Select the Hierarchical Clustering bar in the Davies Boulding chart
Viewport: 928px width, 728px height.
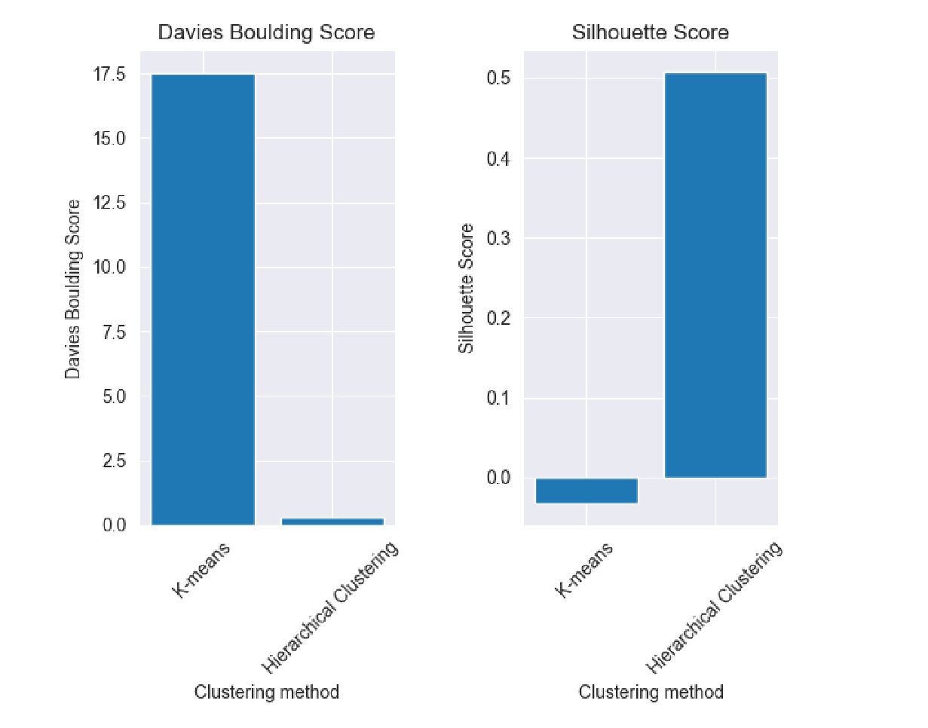pos(332,521)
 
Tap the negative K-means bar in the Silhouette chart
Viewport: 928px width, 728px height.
pos(587,491)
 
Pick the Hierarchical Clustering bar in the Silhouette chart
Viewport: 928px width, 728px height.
pos(715,275)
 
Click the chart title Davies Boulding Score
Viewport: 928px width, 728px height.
pos(266,33)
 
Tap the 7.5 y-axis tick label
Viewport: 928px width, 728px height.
pos(115,332)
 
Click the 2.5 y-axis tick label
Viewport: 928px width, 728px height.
pos(115,461)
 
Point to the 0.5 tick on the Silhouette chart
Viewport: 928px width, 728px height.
pos(498,79)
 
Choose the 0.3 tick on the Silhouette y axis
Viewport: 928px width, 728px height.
pos(498,239)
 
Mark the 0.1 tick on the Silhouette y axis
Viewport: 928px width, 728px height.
pos(498,398)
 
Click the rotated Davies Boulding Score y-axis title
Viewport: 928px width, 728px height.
pos(73,289)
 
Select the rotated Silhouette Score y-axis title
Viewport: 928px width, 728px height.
pos(467,289)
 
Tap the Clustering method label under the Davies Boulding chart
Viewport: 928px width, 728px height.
pos(267,692)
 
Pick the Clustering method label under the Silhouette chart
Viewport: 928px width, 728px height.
pos(651,692)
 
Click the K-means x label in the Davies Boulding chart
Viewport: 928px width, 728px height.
pos(202,570)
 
